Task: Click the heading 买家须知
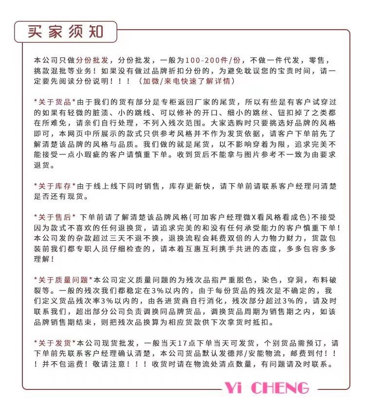point(66,32)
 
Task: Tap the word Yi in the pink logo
point(235,388)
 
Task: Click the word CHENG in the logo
point(282,388)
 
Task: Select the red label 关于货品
point(55,102)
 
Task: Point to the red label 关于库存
point(55,186)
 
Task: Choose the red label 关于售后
point(55,217)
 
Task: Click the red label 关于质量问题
point(63,280)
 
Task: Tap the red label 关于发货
point(55,342)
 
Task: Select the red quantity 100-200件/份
point(213,60)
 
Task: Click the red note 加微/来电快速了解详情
point(187,81)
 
